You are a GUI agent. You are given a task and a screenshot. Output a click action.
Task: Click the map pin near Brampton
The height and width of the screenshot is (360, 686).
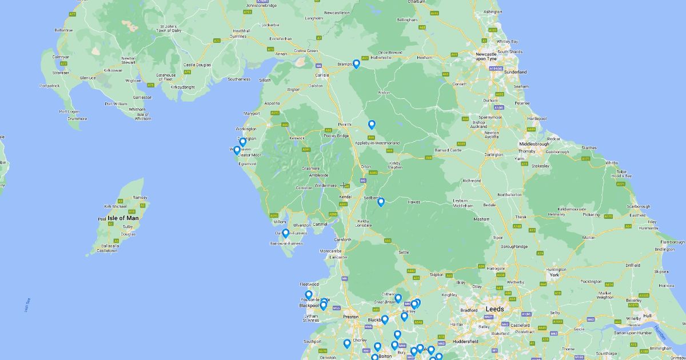356,63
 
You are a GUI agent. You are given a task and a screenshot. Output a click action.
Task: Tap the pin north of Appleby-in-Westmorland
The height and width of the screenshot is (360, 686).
372,124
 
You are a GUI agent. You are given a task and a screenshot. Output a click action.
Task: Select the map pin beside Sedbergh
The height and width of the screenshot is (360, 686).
381,201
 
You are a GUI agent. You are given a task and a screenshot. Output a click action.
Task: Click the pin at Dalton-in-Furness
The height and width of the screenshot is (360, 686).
285,233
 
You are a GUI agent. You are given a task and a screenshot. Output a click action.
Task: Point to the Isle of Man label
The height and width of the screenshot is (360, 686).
123,218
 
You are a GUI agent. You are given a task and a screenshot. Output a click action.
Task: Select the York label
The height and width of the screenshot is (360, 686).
553,275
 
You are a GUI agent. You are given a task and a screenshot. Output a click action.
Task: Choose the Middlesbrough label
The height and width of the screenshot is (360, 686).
534,143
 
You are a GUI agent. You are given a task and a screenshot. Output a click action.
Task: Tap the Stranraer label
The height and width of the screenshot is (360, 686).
61,73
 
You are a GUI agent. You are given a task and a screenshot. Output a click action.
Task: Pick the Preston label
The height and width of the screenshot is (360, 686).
350,316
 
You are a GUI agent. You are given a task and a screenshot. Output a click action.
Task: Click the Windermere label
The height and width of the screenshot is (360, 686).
326,186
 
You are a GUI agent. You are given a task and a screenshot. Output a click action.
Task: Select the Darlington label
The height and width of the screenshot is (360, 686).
494,154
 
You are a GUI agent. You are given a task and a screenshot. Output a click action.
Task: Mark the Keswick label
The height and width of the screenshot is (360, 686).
297,138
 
